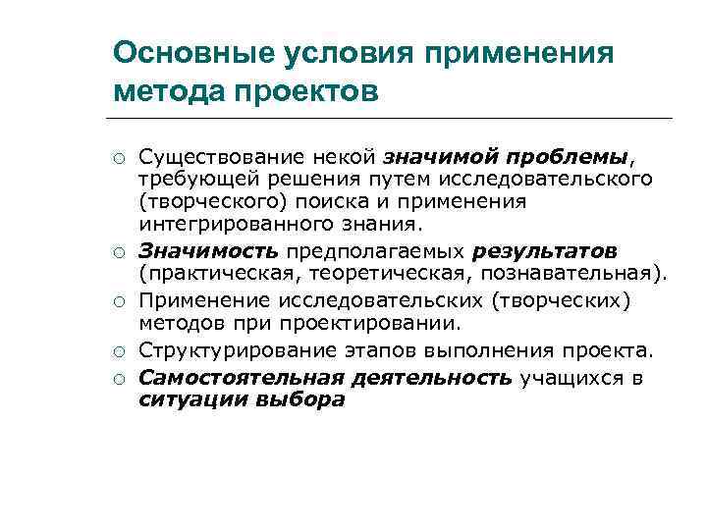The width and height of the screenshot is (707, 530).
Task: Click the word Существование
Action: (210, 157)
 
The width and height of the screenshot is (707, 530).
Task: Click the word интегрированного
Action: (216, 223)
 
